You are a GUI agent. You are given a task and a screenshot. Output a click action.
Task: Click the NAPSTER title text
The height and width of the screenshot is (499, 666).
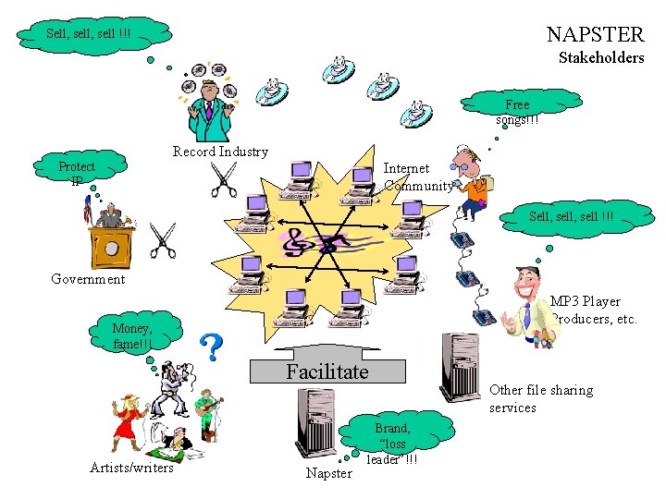pyautogui.click(x=595, y=35)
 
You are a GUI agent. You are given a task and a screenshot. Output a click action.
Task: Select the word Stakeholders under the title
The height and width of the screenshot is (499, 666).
pyautogui.click(x=601, y=58)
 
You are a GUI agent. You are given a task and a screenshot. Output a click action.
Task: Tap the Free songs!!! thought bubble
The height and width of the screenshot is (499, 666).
pyautogui.click(x=516, y=112)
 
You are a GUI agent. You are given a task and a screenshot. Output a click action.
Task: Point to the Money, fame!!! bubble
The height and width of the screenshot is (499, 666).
pyautogui.click(x=132, y=335)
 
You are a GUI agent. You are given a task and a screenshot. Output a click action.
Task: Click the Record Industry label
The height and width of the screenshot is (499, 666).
pyautogui.click(x=220, y=152)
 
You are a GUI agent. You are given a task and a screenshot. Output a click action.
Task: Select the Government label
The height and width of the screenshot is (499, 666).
pyautogui.click(x=88, y=279)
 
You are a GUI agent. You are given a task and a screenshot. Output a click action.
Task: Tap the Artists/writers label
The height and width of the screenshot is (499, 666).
pyautogui.click(x=131, y=468)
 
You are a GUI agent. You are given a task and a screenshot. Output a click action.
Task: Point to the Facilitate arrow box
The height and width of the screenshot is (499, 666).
pyautogui.click(x=327, y=371)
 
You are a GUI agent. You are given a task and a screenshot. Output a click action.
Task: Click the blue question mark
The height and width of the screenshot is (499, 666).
pyautogui.click(x=212, y=347)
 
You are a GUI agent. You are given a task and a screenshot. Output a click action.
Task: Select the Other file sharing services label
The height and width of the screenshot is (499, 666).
pyautogui.click(x=540, y=398)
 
